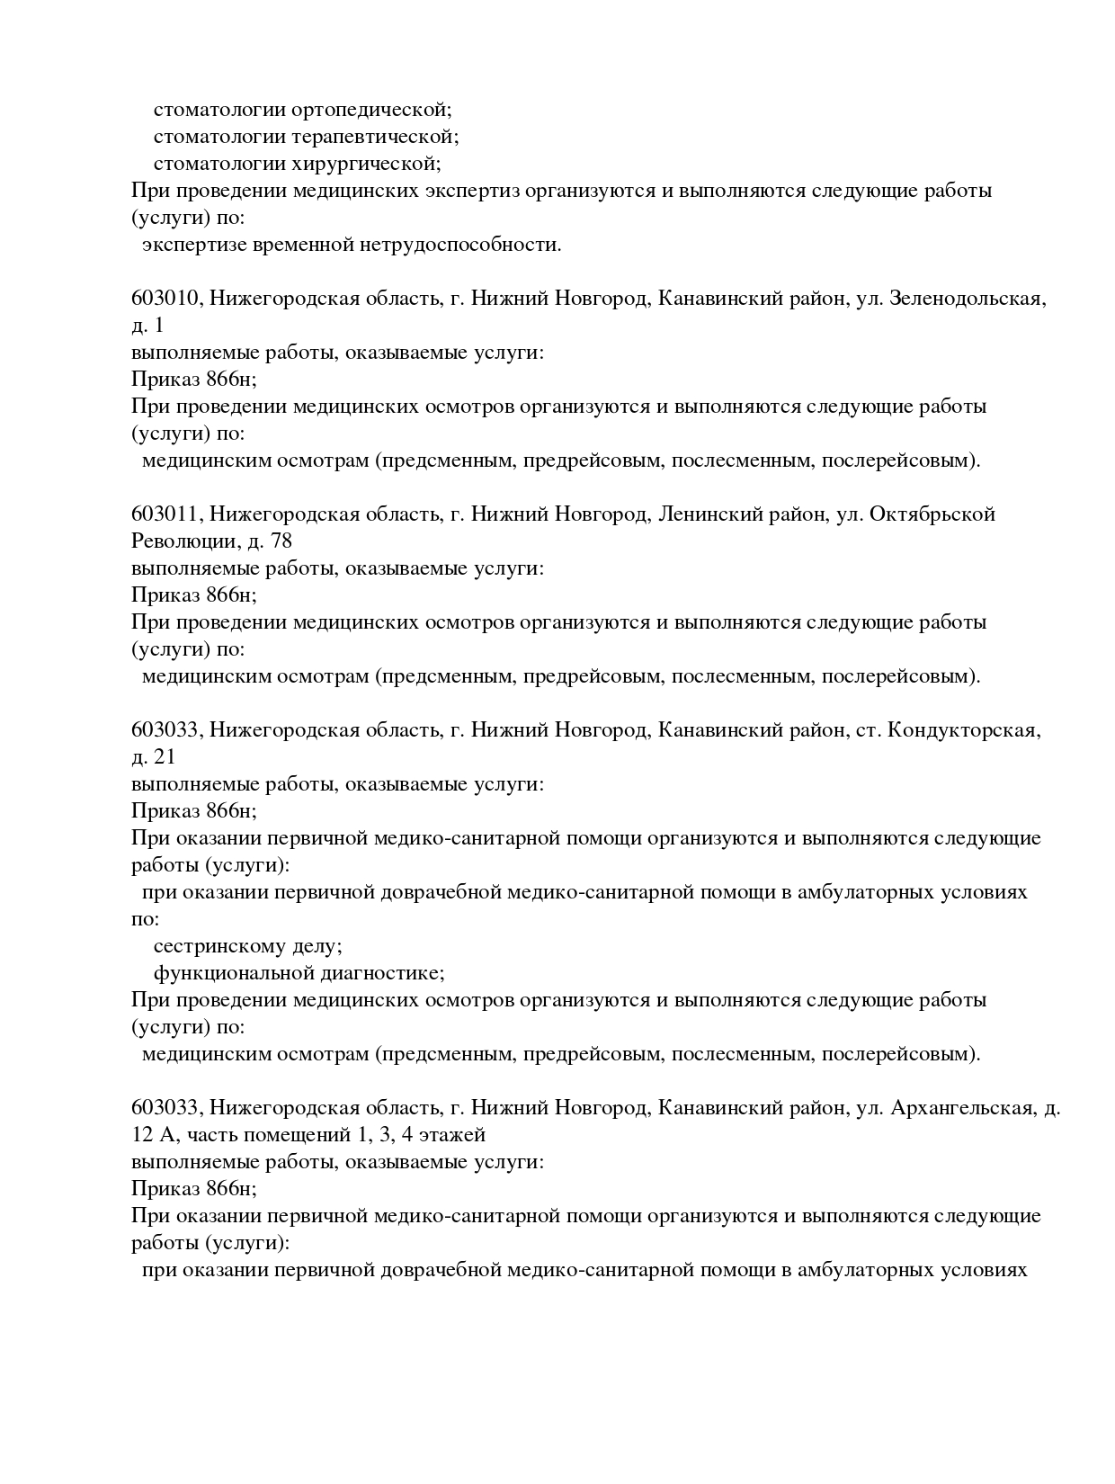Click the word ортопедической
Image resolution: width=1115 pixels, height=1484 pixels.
click(x=371, y=111)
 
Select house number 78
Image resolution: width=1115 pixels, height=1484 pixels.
click(x=281, y=542)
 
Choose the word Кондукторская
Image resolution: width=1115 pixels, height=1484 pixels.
click(x=963, y=731)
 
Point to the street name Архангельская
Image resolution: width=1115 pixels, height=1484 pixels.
click(x=961, y=1109)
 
